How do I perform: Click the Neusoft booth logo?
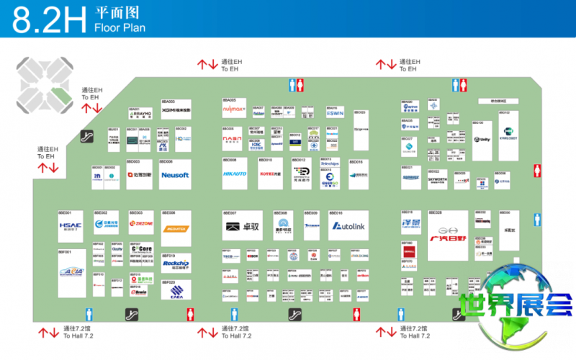coord(175,175)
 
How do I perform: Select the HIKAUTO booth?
coord(235,174)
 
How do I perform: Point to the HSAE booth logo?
coord(71,228)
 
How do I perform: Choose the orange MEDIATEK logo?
coord(175,228)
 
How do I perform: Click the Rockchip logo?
coord(175,264)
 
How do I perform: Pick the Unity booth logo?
coord(482,139)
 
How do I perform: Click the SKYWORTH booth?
coord(438,180)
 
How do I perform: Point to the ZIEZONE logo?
coord(141,223)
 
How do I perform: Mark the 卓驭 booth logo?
coord(243,227)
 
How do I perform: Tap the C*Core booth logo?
coord(142,249)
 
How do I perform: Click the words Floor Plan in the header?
coord(120,28)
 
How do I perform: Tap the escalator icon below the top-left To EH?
coord(88,135)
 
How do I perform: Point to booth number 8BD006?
coord(167,162)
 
